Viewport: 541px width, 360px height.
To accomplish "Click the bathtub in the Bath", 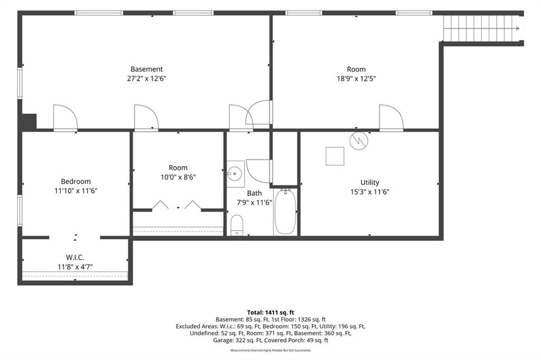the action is coord(285,211).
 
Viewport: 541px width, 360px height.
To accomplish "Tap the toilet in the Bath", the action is coord(237,225).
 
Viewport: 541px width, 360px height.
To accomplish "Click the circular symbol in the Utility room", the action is coord(359,141).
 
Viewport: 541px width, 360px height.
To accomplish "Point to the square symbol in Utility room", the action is coord(335,156).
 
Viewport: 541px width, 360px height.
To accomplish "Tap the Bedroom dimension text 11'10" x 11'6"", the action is coord(76,191).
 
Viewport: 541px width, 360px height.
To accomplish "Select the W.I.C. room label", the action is coord(75,257).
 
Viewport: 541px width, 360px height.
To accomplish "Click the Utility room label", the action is coord(370,183).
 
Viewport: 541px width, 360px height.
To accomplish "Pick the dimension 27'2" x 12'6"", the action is coord(147,78).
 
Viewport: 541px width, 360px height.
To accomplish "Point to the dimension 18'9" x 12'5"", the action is coord(357,78).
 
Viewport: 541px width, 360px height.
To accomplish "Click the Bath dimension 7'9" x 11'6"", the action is coord(254,202).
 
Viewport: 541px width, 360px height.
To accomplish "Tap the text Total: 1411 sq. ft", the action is coord(270,313).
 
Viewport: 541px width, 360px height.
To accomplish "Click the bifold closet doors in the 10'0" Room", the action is coord(176,205).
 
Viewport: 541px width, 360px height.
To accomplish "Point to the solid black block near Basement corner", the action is coord(30,122).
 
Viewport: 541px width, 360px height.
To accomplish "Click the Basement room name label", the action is coord(147,69).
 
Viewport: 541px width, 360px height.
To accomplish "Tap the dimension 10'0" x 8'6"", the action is coord(178,177).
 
